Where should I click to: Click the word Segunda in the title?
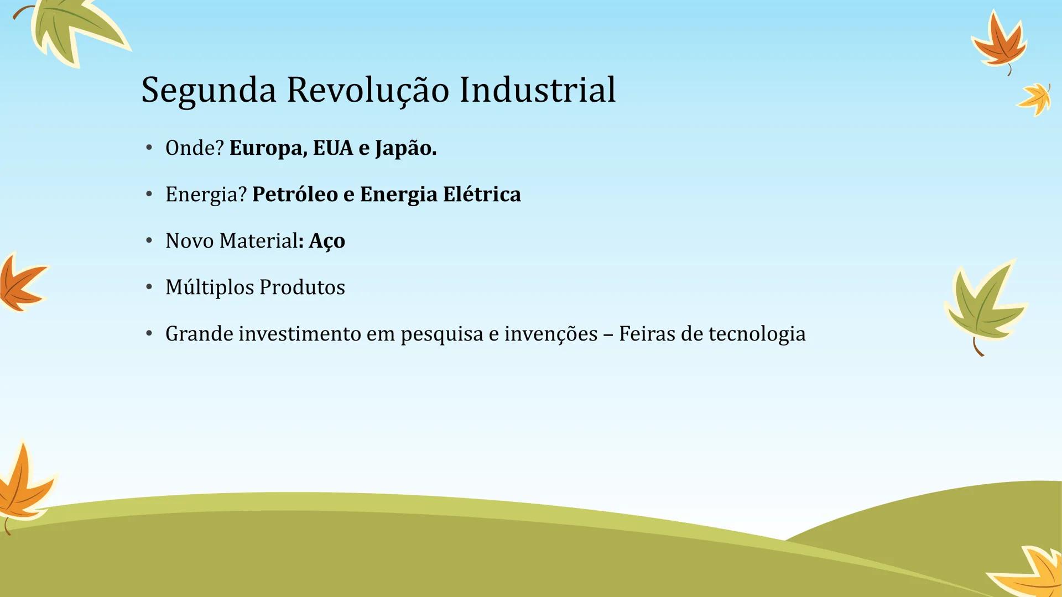point(209,90)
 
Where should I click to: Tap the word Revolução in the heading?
point(367,90)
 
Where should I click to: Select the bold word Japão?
point(405,148)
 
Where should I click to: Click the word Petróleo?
point(295,195)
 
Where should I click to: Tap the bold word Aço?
point(327,241)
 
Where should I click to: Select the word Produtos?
point(302,287)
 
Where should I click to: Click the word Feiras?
point(647,334)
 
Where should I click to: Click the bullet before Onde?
point(149,148)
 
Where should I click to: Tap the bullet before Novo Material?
point(149,240)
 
